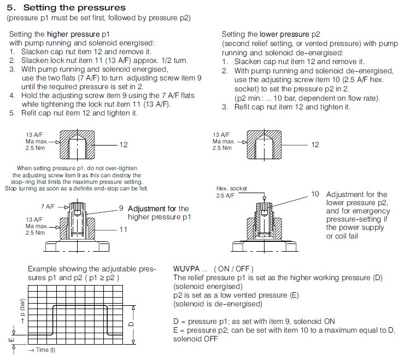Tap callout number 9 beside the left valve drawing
[121, 208]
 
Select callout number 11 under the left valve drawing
[123, 229]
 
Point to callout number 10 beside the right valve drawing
[315, 194]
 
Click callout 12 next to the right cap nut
[315, 144]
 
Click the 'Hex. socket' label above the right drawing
[232, 188]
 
